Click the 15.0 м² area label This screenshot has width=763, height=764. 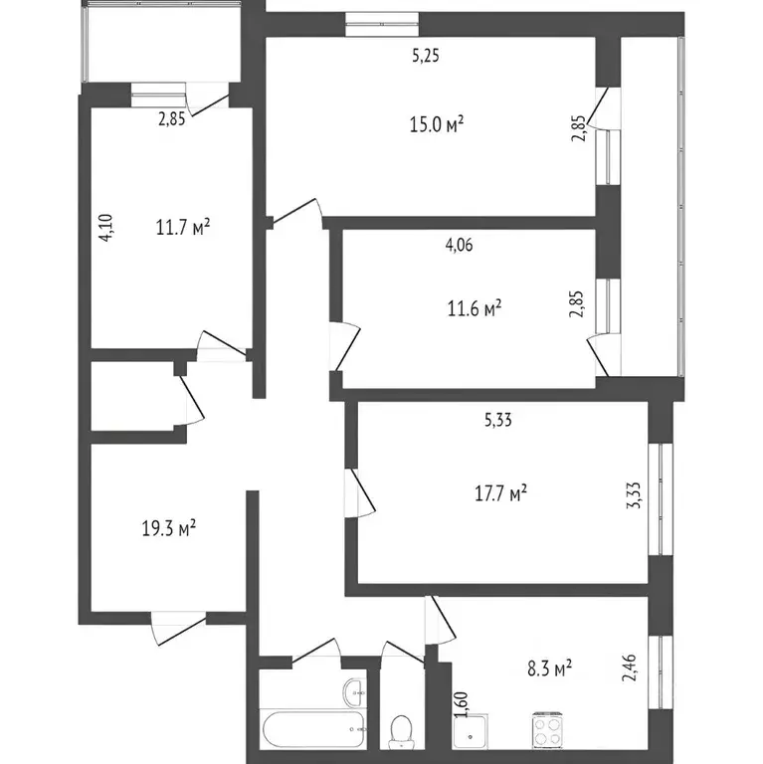[x=438, y=124]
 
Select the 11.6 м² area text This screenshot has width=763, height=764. [x=474, y=308]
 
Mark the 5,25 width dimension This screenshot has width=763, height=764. [x=426, y=57]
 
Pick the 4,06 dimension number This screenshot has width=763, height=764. [x=459, y=249]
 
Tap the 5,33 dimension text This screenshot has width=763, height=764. [x=497, y=421]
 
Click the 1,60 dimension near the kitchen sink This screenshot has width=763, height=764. [x=462, y=703]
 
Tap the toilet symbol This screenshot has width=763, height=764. [x=403, y=728]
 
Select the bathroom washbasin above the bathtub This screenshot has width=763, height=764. [x=352, y=691]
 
